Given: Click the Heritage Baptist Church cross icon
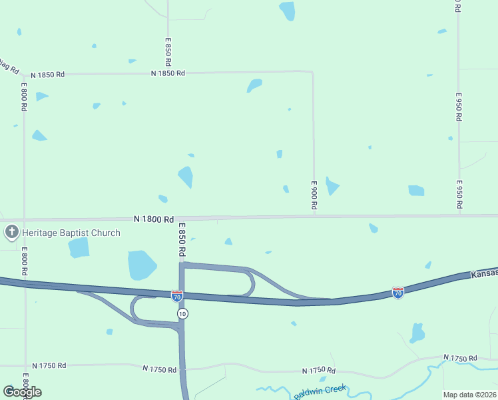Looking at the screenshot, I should point(11,233).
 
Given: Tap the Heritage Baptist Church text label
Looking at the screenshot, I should point(72,233).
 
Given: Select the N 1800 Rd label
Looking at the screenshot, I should point(153,219).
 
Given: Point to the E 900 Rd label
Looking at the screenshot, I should point(314,196).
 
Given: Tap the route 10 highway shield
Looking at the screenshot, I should point(182,313).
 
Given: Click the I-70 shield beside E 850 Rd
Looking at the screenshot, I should point(176,295).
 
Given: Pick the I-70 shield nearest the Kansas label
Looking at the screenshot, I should point(397,292).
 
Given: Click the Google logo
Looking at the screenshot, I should point(22,391).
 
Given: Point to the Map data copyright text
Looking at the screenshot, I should point(470,394).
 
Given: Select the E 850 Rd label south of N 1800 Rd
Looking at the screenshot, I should point(181,240).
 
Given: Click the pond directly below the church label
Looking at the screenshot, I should point(79,247).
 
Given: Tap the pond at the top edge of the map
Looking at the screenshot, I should point(287,10).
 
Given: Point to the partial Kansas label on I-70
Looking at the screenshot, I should point(484,273).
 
